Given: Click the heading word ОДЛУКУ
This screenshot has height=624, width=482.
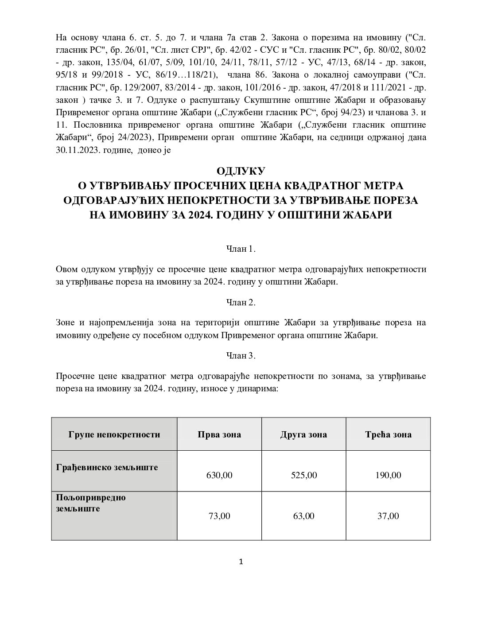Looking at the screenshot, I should click(241, 171).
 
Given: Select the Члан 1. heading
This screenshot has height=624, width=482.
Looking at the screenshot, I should click(241, 249).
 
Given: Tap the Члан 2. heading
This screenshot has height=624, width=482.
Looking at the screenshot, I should click(241, 303).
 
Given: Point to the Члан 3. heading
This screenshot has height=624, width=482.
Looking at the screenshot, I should click(241, 356).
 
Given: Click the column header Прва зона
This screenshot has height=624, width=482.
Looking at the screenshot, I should click(219, 434).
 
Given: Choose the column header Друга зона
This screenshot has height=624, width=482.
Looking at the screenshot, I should click(303, 434).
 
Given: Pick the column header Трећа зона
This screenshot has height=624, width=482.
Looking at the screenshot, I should click(389, 434).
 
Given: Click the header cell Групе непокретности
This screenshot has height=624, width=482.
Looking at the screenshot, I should click(114, 434).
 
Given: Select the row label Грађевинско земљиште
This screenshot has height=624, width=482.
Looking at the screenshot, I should click(107, 467).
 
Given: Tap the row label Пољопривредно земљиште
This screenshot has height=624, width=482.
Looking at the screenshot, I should click(91, 503).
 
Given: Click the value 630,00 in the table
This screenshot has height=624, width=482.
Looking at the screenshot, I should click(219, 476).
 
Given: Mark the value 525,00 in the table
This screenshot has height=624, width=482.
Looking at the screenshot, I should click(303, 476).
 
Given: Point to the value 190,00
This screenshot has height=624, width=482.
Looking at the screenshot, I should click(389, 476).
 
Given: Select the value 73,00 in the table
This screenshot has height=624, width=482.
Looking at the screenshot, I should click(219, 516).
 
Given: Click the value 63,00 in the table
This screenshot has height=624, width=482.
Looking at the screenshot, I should click(303, 516).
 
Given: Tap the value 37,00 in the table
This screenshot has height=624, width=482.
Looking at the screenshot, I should click(389, 516).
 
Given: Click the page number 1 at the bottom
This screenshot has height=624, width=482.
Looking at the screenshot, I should click(241, 562).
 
